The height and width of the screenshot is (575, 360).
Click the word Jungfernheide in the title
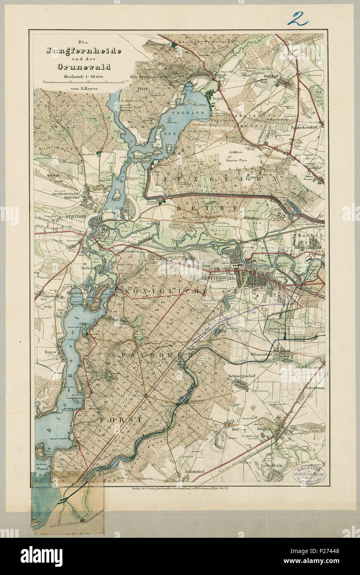(84, 51)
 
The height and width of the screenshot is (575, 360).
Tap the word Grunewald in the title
(84, 66)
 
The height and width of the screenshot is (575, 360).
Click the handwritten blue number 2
(299, 19)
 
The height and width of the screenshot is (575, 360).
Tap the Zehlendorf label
(196, 476)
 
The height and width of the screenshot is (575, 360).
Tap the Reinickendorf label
(307, 127)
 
